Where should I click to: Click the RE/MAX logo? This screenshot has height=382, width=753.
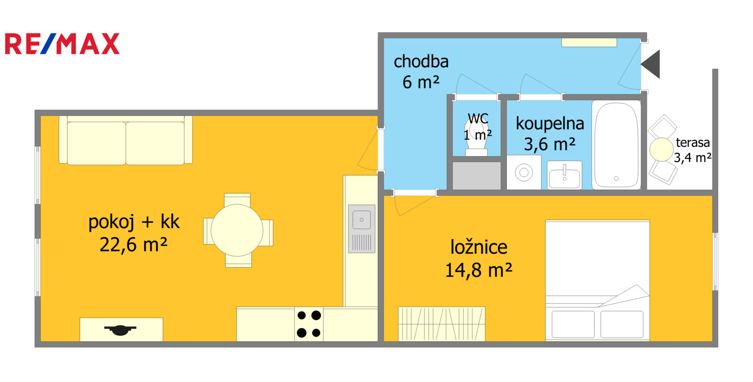[62, 44]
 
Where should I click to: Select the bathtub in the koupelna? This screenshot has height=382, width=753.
[617, 145]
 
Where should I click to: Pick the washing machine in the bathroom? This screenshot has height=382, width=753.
[524, 172]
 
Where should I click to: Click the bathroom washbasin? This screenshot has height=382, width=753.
[564, 175]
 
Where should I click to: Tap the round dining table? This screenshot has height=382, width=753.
[237, 231]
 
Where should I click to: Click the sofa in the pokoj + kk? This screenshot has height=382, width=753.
[126, 140]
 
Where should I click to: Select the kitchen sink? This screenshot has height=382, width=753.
[362, 229]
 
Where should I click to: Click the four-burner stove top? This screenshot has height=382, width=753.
[309, 324]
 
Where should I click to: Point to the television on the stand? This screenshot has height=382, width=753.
[120, 330]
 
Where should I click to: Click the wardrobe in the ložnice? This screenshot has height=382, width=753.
[442, 324]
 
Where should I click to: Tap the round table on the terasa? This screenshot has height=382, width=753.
[661, 150]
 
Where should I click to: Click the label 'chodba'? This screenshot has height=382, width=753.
[421, 62]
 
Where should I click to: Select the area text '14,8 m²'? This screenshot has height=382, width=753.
[479, 270]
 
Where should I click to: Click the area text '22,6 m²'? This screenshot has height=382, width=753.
[134, 245]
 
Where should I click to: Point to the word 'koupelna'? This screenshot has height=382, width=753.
[550, 124]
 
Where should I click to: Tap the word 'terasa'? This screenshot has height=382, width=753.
[693, 143]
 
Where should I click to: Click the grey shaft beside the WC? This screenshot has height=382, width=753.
[477, 175]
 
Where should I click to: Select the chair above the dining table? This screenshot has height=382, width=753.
[237, 199]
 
